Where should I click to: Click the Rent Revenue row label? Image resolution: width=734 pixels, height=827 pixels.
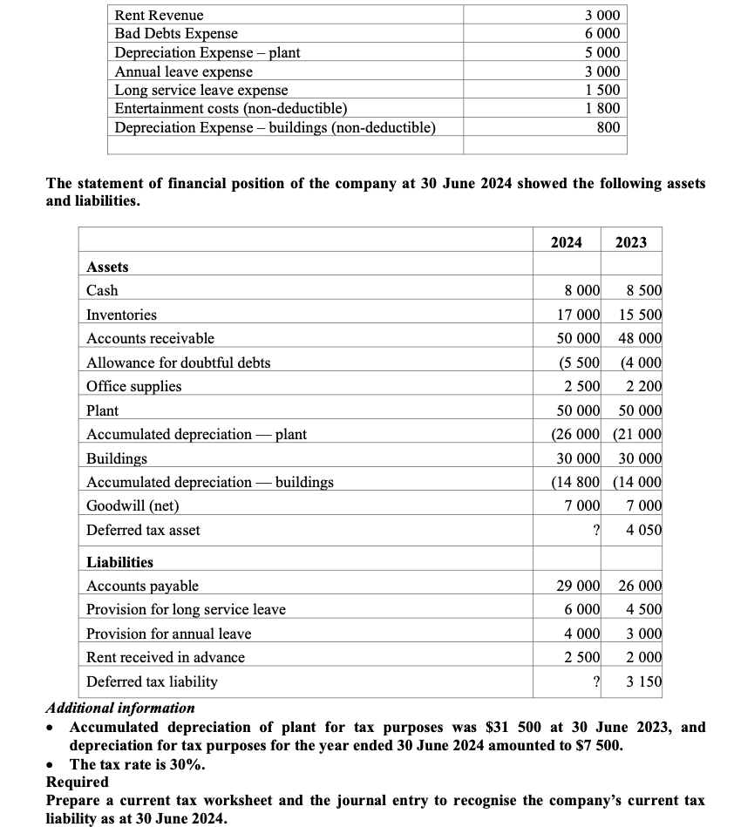(x=160, y=15)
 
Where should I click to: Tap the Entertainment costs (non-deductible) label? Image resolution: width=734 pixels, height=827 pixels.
(x=231, y=109)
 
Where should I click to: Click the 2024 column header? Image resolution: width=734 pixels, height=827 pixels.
(x=567, y=242)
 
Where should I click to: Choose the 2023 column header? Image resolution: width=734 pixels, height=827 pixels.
(x=631, y=242)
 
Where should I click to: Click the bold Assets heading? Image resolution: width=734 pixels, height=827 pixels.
(x=107, y=267)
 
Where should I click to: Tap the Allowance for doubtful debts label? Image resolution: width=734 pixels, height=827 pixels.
(x=179, y=363)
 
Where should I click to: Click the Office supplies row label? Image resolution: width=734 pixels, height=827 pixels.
(x=134, y=386)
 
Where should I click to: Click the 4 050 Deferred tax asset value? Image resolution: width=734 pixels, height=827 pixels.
(x=644, y=530)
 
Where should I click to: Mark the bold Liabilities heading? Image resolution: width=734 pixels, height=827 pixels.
(x=119, y=562)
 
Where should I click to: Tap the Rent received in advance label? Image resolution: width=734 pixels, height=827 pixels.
(x=166, y=657)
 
